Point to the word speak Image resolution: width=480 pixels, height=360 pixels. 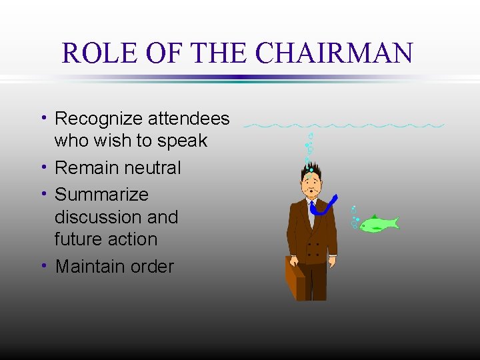183,141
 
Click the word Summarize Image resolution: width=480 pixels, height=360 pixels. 101,195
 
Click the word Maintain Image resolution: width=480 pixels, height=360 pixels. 93,267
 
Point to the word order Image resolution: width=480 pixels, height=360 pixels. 153,267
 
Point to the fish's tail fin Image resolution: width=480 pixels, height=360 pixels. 393,223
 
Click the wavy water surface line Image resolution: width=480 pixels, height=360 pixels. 344,125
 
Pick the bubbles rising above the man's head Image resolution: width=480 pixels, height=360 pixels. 309,148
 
